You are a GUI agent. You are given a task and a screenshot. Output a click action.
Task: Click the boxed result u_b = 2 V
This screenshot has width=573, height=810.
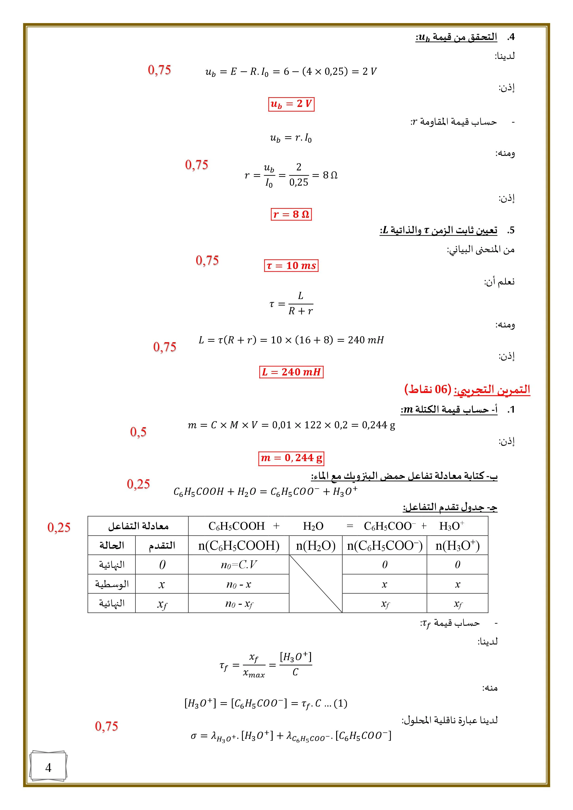[x=291, y=104]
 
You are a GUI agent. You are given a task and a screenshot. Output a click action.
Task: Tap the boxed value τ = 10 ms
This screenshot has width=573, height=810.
[x=291, y=265]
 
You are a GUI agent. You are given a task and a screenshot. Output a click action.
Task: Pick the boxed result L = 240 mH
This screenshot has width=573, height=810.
[x=291, y=372]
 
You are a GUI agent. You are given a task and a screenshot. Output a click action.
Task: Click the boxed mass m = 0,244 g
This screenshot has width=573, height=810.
[x=291, y=458]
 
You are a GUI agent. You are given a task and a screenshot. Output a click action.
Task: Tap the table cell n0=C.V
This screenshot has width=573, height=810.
[x=239, y=565]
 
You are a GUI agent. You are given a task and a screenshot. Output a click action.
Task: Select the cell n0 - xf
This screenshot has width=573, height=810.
[x=239, y=604]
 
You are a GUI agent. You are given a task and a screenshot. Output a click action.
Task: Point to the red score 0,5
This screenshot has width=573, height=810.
[x=138, y=432]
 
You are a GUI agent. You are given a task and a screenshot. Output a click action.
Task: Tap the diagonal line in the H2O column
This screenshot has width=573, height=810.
[x=315, y=584]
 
